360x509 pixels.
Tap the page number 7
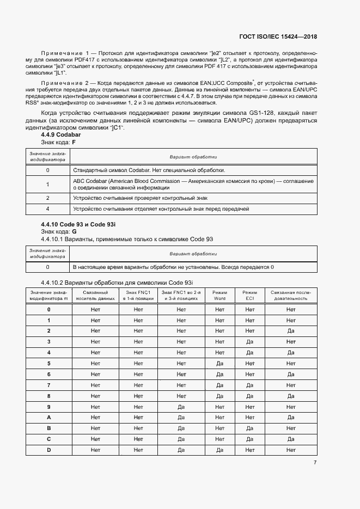click(315, 462)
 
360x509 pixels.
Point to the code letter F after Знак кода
click(74, 142)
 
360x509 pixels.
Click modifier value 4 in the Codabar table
click(48, 208)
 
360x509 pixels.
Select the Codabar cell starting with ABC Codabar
click(193, 184)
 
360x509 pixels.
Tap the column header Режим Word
click(219, 295)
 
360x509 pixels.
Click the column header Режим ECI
click(250, 295)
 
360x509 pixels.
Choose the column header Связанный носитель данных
click(95, 295)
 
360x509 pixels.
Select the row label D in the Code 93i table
click(48, 450)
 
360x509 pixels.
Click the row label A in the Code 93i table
click(48, 418)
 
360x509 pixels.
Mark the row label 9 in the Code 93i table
click(48, 407)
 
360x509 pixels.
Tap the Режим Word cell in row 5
click(219, 363)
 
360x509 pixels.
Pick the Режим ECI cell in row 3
click(250, 341)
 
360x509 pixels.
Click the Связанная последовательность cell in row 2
click(291, 330)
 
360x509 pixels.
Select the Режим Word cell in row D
click(219, 450)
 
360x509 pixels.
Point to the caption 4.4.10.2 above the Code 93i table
click(117, 283)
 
